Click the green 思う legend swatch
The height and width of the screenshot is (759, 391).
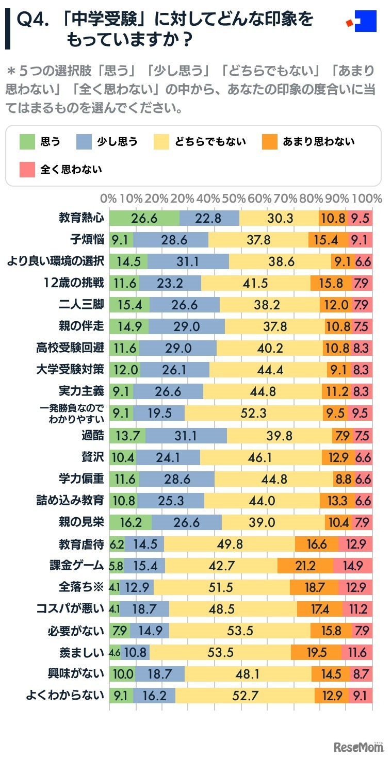click(27, 141)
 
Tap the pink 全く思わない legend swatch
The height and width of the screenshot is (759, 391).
click(27, 169)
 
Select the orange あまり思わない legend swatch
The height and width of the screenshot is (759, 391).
click(269, 141)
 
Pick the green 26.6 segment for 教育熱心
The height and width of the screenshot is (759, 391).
click(144, 218)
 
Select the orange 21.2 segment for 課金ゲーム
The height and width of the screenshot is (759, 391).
click(305, 566)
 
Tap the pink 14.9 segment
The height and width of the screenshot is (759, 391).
click(353, 566)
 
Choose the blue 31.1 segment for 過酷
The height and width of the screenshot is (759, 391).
click(186, 435)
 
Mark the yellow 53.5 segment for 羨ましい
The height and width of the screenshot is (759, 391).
click(220, 652)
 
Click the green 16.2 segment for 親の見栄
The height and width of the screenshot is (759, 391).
click(131, 522)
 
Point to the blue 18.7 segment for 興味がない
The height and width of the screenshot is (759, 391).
click(160, 674)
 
